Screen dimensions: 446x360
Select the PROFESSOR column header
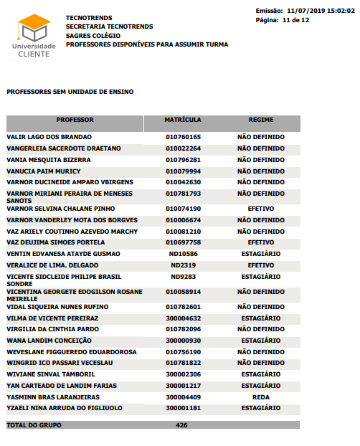pyautogui.click(x=75, y=120)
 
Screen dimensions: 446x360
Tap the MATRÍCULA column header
pyautogui.click(x=183, y=120)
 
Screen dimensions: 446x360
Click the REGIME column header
pyautogui.click(x=261, y=120)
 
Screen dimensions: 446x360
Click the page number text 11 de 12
pyautogui.click(x=296, y=20)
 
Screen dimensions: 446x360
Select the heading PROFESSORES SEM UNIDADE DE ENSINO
pyautogui.click(x=70, y=92)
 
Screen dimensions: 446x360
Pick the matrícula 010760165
pyautogui.click(x=183, y=137)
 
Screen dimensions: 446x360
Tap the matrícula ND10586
pyautogui.click(x=183, y=254)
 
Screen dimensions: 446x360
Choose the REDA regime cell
pyautogui.click(x=261, y=397)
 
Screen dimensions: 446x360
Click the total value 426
pyautogui.click(x=181, y=425)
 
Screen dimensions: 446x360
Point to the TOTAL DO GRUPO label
pyautogui.click(x=34, y=425)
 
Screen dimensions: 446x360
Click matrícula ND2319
pyautogui.click(x=183, y=265)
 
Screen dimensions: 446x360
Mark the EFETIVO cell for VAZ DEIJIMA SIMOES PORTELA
pyautogui.click(x=261, y=242)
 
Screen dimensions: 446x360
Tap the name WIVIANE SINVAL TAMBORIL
pyautogui.click(x=51, y=374)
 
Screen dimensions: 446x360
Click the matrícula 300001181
pyautogui.click(x=183, y=408)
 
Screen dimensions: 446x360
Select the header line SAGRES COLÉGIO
pyautogui.click(x=94, y=35)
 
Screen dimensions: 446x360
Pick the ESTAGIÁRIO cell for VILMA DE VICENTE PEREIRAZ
pyautogui.click(x=261, y=318)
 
